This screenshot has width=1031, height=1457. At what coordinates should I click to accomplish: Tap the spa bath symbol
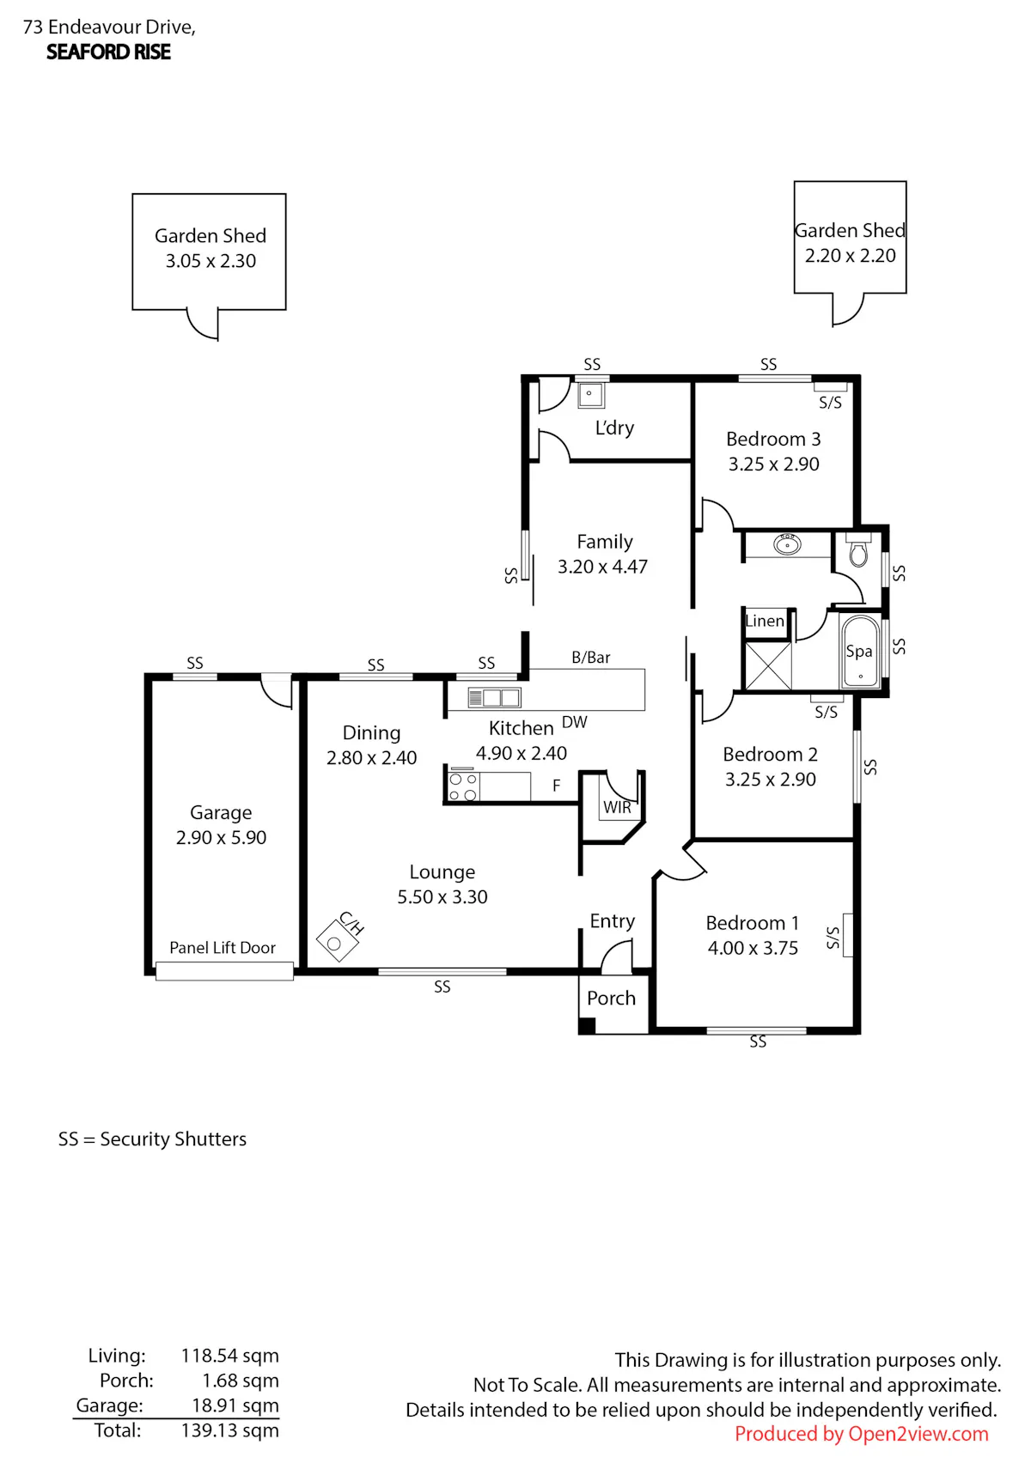click(x=860, y=651)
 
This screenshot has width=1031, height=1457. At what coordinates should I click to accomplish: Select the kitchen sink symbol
click(x=494, y=698)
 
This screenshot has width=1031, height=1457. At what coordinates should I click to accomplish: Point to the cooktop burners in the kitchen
click(x=463, y=786)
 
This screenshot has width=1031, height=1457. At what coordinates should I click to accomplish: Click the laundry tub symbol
click(x=590, y=395)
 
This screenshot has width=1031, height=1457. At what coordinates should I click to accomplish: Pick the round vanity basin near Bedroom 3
click(x=787, y=543)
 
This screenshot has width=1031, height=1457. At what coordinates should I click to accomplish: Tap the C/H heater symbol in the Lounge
click(x=337, y=941)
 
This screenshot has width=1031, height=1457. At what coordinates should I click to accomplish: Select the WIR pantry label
click(x=617, y=808)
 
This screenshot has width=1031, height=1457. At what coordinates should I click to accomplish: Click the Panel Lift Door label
click(x=223, y=948)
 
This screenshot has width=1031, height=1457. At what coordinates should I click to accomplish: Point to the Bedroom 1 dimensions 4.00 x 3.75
click(x=753, y=948)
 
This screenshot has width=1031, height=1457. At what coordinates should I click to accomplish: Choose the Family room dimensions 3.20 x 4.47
click(x=602, y=567)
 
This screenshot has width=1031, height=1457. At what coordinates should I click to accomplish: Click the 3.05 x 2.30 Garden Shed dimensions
click(x=210, y=261)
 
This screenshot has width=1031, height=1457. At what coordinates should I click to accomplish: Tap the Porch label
click(x=611, y=998)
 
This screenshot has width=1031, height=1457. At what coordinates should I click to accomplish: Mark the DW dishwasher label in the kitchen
click(x=574, y=722)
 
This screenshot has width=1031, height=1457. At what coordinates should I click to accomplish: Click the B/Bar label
click(x=590, y=658)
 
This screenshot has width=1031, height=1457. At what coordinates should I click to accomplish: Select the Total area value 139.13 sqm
click(x=229, y=1430)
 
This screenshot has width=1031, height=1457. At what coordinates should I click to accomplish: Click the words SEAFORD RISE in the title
click(x=109, y=52)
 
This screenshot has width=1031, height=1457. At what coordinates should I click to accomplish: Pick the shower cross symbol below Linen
click(x=768, y=665)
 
